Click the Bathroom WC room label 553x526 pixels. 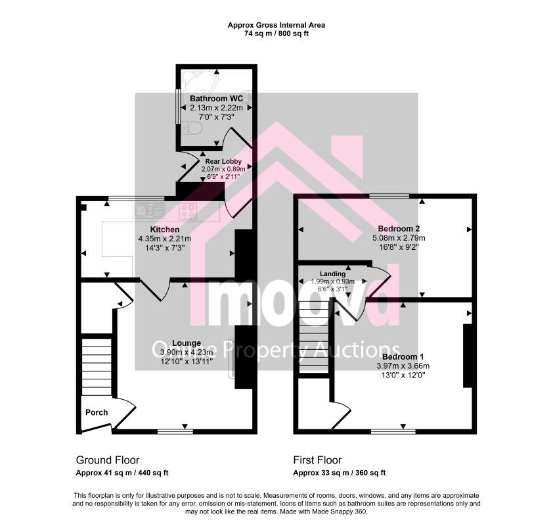(x=216, y=98)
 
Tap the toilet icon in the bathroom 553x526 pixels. (x=192, y=128)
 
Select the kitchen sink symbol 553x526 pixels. (x=149, y=211)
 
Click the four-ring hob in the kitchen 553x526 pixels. (x=188, y=211)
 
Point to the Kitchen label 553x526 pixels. (x=165, y=229)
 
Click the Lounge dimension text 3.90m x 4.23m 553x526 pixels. (x=187, y=352)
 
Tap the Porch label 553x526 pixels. (x=97, y=412)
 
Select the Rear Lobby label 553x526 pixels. (x=223, y=161)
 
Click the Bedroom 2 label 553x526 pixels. (x=399, y=228)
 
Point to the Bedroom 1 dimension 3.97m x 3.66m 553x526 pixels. (x=403, y=366)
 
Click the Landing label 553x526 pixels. (x=332, y=274)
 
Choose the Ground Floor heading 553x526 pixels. (x=108, y=460)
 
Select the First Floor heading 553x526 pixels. (x=317, y=460)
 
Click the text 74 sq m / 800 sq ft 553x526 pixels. (x=276, y=34)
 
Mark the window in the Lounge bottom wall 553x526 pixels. (x=175, y=431)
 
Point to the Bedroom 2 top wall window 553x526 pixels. (x=389, y=195)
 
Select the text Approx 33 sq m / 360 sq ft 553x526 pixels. (x=340, y=473)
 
